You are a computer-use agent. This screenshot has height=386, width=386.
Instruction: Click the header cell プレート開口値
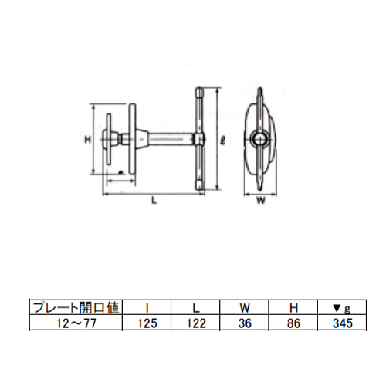pos(76,307)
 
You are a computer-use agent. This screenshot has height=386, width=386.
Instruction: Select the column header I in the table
pos(147,307)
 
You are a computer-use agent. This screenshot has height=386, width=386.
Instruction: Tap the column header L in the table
pos(196,307)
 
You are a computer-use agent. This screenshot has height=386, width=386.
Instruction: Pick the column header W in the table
pos(245,307)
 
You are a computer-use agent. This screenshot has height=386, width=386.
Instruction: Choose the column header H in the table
pos(293,307)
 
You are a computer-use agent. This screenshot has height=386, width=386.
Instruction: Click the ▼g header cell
pos(342,308)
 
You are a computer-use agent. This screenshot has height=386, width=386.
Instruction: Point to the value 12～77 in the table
pos(76,323)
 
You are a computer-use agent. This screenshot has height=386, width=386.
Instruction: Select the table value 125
pos(147,323)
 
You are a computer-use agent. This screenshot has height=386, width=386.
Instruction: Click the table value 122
pos(196,323)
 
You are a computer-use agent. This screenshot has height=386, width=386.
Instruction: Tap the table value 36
pos(245,323)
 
